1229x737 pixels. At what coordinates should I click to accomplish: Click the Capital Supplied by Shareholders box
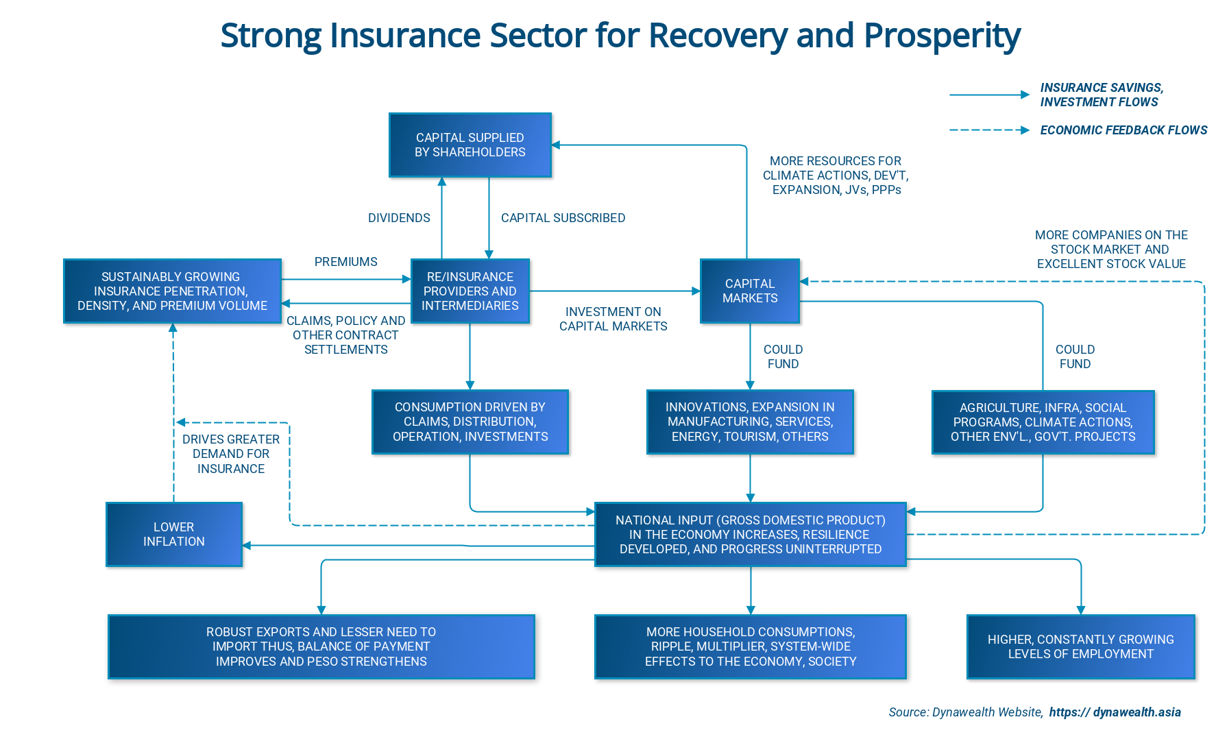click(x=470, y=145)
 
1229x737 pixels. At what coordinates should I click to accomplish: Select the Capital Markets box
click(x=749, y=291)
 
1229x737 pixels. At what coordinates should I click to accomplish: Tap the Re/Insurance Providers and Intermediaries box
click(x=470, y=291)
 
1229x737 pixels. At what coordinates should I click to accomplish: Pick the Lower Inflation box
click(x=173, y=534)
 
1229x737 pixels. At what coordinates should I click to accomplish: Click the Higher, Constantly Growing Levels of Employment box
click(x=1080, y=647)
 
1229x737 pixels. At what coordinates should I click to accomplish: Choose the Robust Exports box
click(x=321, y=647)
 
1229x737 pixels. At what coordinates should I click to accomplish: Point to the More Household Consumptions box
click(x=750, y=647)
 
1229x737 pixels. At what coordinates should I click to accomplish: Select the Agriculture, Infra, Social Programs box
click(x=1043, y=422)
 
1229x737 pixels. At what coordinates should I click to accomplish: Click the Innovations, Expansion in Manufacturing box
click(x=750, y=422)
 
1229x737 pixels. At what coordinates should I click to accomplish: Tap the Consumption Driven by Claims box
click(x=470, y=422)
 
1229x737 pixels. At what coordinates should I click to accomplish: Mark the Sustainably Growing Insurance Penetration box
click(x=172, y=291)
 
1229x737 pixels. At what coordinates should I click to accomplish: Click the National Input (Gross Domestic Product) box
click(x=750, y=534)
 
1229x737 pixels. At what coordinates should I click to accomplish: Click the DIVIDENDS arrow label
click(x=399, y=218)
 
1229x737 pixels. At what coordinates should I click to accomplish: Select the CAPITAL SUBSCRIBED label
click(x=563, y=218)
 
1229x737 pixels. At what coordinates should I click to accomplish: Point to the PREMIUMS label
click(x=345, y=262)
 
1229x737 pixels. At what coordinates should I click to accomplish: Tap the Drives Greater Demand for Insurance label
click(x=231, y=454)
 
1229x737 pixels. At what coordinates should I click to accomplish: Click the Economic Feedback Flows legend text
click(x=1123, y=130)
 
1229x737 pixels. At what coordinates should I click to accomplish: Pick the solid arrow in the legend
click(x=989, y=95)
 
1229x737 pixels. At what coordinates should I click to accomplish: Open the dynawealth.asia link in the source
click(x=1115, y=712)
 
